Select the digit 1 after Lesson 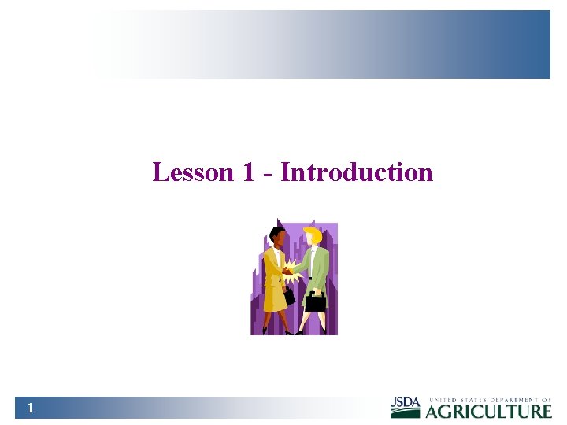point(248,172)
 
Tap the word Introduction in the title point(357,172)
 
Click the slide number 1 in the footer point(30,408)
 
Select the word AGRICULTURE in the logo point(489,411)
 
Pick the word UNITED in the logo point(443,400)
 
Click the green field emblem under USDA point(406,412)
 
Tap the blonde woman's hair point(313,235)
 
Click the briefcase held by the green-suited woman point(315,302)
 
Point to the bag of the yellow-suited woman point(289,296)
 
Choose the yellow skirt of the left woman point(275,297)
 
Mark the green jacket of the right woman point(317,264)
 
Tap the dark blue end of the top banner point(535,44)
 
